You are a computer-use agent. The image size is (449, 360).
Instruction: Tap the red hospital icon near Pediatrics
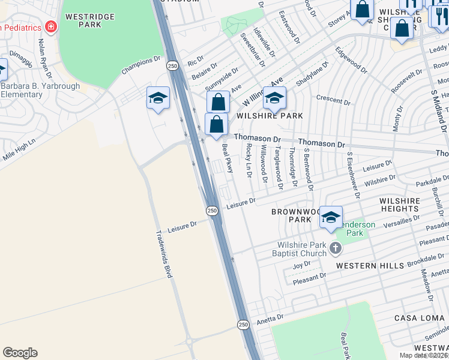(x=50, y=27)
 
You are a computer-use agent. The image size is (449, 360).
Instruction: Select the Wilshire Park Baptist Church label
(x=302, y=248)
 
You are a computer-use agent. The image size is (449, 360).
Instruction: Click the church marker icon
(x=336, y=247)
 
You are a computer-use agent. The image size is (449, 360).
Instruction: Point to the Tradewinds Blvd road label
(x=164, y=254)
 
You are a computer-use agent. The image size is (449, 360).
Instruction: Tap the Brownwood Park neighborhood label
(x=291, y=216)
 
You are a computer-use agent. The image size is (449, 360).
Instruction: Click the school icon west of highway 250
(x=158, y=98)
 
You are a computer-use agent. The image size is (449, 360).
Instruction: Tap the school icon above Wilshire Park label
(x=274, y=98)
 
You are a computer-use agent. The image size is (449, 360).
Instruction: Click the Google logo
(x=20, y=353)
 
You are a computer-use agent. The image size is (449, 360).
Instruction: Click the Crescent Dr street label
(x=333, y=100)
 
